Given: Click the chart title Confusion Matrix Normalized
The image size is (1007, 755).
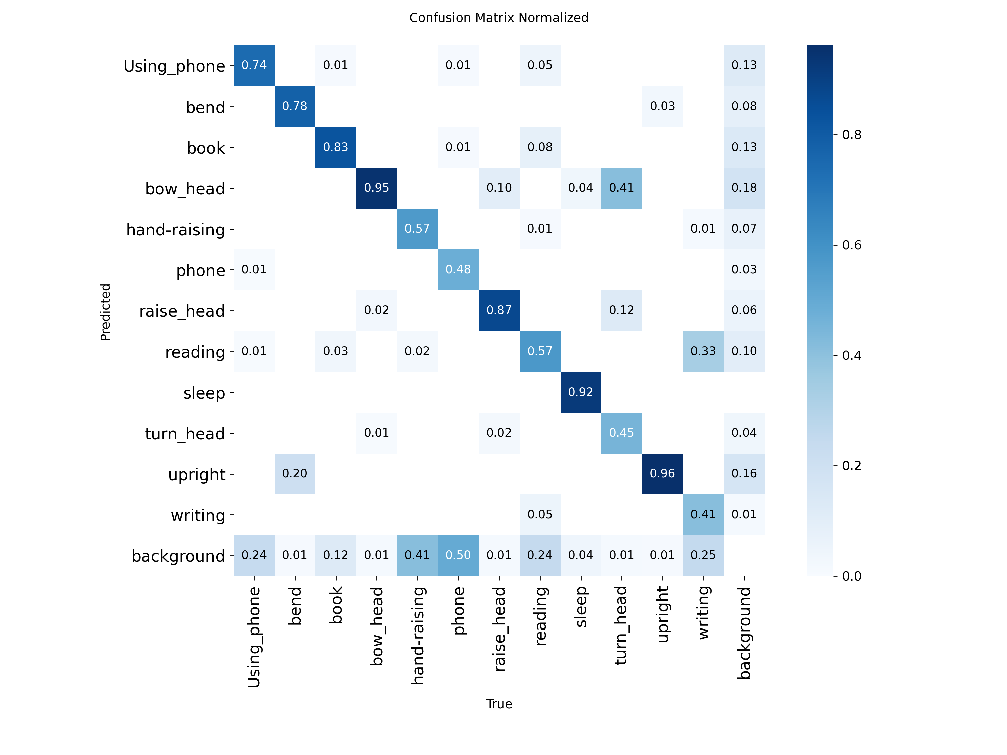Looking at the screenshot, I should click(x=498, y=18).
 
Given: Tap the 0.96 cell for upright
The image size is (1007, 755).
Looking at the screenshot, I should click(x=662, y=474).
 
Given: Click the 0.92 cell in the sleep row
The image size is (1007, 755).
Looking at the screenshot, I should click(x=580, y=392).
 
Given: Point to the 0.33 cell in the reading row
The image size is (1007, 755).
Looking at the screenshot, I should click(x=703, y=351).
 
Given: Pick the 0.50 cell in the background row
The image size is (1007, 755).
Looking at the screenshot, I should click(x=458, y=555).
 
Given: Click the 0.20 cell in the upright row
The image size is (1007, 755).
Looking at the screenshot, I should click(x=294, y=474).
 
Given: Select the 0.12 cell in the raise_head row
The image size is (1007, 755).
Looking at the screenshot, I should click(x=621, y=310).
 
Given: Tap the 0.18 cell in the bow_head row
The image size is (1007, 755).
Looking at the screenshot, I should click(x=744, y=188).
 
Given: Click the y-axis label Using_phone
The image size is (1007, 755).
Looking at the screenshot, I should click(x=174, y=66).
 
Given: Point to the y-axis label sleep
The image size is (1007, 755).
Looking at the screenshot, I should click(x=204, y=393).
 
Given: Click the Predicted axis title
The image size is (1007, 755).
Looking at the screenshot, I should click(x=105, y=312).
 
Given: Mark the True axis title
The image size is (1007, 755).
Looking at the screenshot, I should click(x=499, y=704).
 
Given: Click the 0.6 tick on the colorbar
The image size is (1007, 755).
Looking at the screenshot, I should click(x=851, y=245).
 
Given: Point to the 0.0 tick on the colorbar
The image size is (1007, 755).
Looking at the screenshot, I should click(x=851, y=576).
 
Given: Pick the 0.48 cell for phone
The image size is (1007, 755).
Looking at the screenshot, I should click(x=458, y=270).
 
